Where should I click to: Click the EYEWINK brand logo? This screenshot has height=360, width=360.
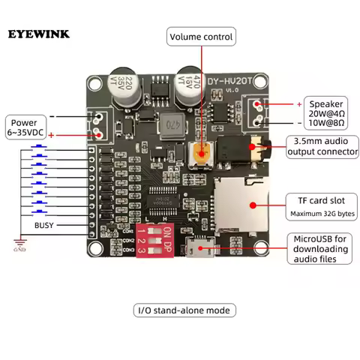click(x=39, y=34)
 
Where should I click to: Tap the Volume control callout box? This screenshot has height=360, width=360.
click(x=201, y=36)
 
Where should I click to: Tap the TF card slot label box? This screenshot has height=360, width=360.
click(x=318, y=206)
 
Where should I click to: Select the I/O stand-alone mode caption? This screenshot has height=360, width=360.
click(x=182, y=310)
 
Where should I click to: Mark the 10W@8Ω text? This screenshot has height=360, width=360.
click(x=327, y=121)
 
